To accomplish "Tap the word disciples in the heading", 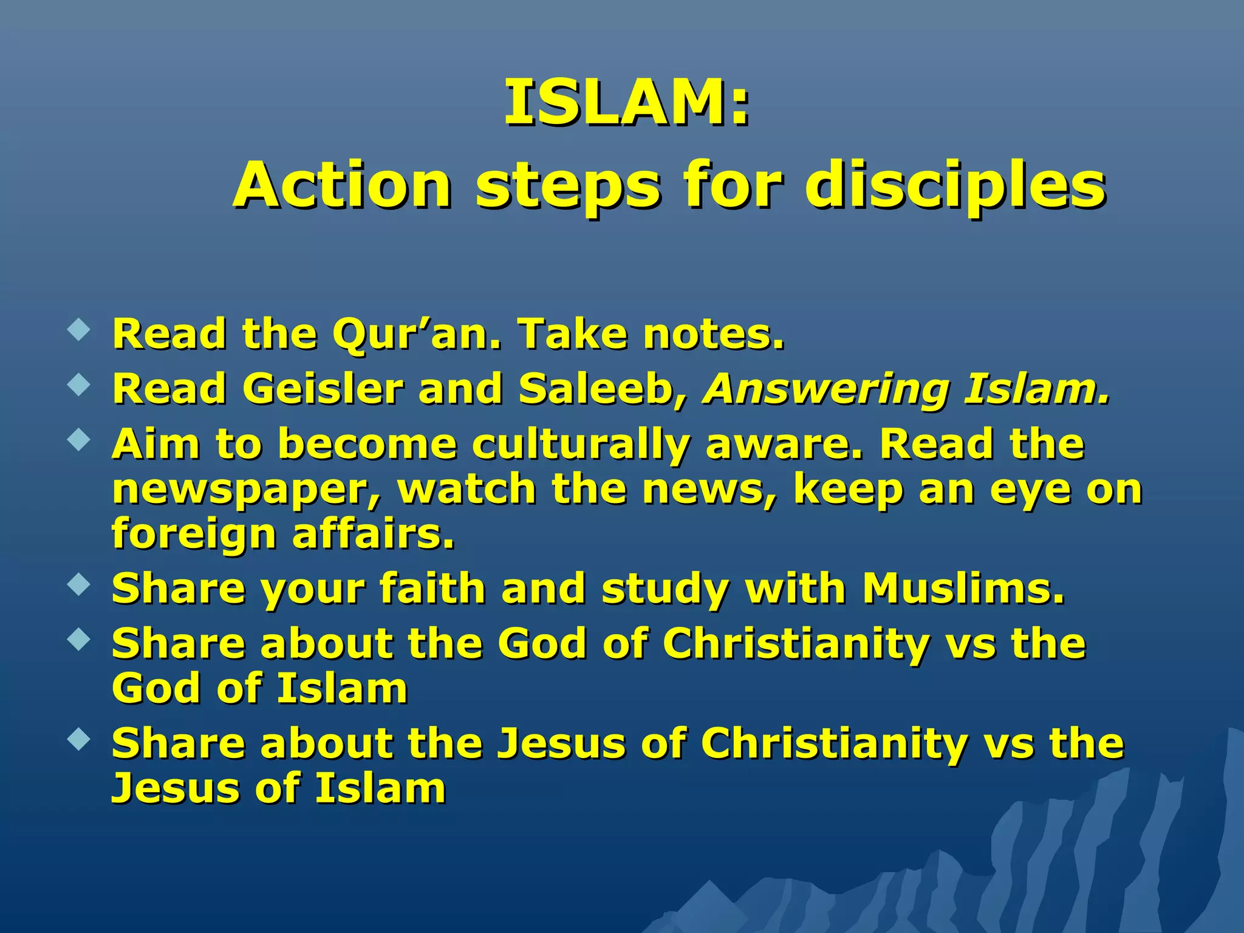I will click(x=955, y=185).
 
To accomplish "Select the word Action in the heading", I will click(x=343, y=185).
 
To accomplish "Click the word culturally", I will click(x=581, y=445).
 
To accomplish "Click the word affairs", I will click(x=373, y=533).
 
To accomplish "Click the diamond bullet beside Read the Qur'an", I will click(x=79, y=331).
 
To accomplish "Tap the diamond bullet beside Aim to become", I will click(x=79, y=440).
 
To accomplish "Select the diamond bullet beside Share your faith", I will click(x=79, y=585).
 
